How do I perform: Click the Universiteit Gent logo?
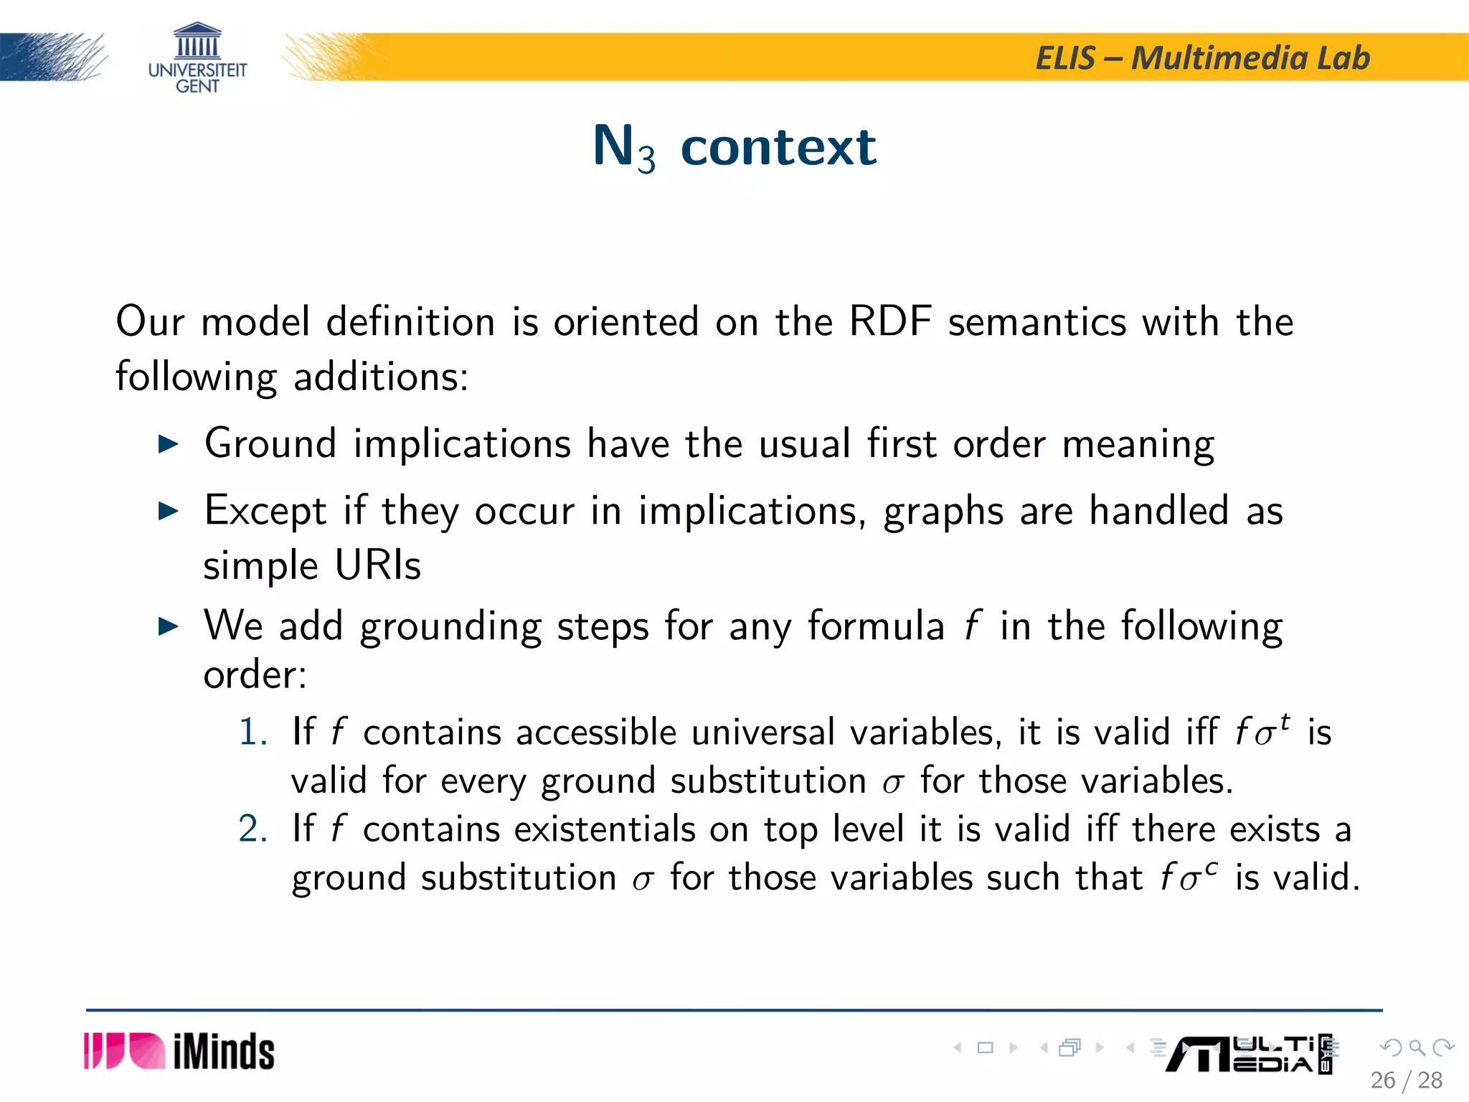point(197,58)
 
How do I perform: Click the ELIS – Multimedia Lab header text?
point(1202,58)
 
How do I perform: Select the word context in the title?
point(778,147)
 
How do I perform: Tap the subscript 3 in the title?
point(646,159)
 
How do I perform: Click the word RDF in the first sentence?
point(890,321)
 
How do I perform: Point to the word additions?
point(380,377)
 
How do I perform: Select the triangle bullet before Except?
point(168,512)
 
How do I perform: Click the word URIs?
point(378,565)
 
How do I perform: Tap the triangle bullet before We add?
point(168,626)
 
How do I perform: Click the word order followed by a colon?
point(255,675)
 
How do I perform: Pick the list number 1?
point(252,733)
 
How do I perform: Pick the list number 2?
point(252,829)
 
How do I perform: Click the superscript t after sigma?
point(1285,721)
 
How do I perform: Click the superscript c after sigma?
point(1211,869)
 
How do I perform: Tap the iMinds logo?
point(179,1052)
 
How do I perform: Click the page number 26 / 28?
point(1406,1080)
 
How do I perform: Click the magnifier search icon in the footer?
point(1417,1048)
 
